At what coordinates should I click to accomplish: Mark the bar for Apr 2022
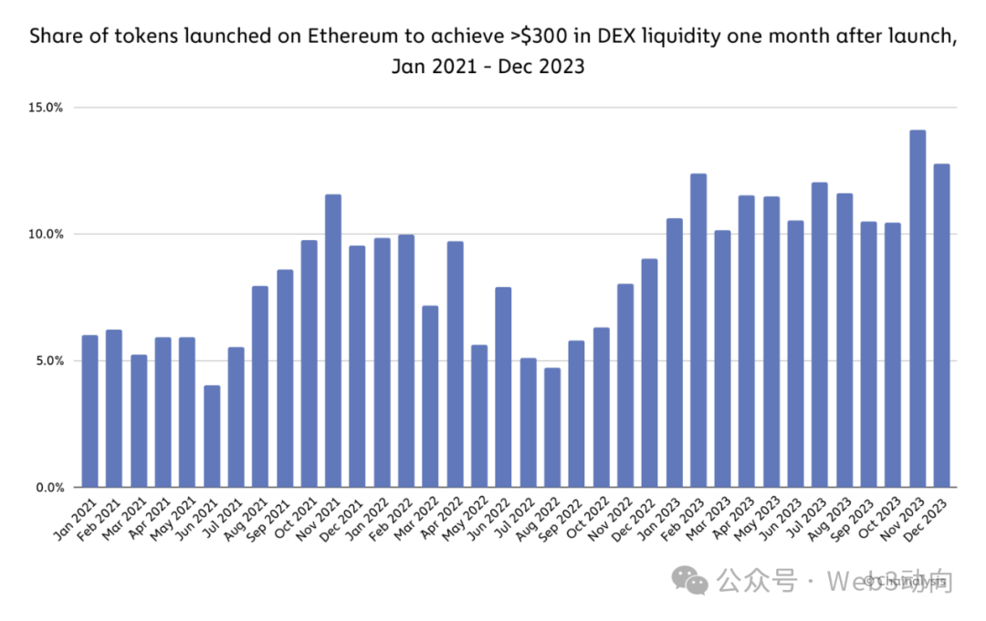456,364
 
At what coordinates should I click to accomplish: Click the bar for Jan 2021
89,411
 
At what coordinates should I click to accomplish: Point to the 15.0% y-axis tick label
46,108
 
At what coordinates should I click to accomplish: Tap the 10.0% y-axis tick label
46,234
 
